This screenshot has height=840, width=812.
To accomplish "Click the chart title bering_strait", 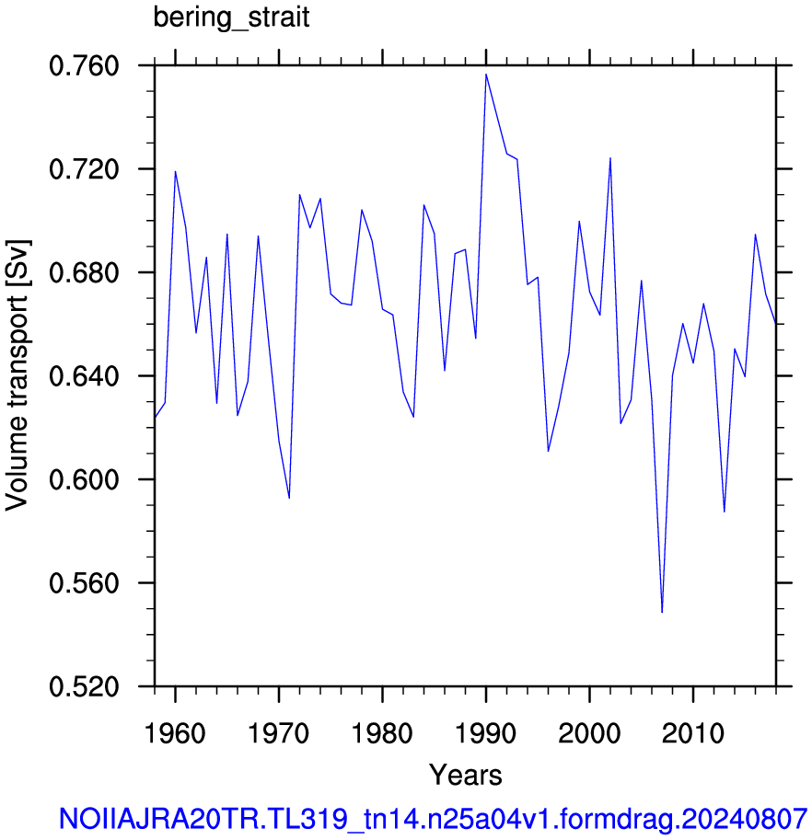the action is [231, 17].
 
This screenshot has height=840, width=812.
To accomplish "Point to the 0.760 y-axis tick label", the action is [84, 66].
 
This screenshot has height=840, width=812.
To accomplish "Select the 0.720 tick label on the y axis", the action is [84, 170].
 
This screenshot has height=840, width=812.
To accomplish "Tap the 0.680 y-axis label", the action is [84, 273].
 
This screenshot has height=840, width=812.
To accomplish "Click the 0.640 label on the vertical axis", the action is [84, 376].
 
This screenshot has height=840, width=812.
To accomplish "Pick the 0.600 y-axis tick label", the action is [84, 480].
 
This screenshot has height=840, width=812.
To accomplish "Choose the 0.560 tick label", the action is [84, 583].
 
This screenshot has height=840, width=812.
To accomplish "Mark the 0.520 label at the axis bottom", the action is [84, 686].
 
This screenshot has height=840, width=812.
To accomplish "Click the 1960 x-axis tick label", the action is [175, 733].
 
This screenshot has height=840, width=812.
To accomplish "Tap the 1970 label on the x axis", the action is [278, 733].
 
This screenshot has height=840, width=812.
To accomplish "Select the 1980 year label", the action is [382, 733].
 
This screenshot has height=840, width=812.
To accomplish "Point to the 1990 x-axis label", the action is [485, 733].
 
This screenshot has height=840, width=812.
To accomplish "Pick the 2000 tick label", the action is [589, 733].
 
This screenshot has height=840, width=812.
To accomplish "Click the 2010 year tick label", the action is [692, 733].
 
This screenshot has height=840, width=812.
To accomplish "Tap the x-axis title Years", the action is [465, 775].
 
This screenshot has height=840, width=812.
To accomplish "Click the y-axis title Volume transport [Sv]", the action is [17, 375].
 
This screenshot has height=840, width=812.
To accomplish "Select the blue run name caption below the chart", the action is [433, 819].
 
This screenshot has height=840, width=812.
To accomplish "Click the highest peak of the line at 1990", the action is [486, 75].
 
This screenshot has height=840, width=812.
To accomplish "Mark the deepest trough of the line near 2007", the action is [662, 612].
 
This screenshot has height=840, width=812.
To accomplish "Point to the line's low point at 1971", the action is [289, 499].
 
